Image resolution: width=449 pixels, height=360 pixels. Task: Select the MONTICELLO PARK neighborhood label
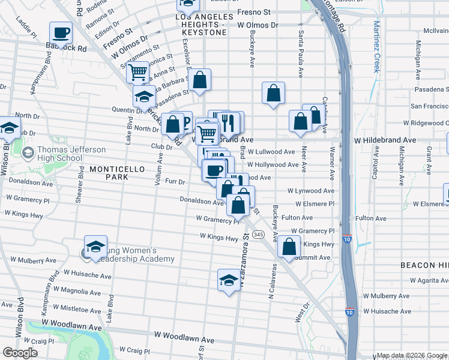118,170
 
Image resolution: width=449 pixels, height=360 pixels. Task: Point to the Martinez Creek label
376,46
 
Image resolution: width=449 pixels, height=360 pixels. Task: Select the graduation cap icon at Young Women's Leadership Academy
95,247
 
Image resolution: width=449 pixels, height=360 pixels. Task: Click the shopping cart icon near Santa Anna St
138,73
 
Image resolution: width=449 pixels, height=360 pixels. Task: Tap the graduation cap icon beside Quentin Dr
144,97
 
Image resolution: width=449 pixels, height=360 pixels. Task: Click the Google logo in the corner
20,353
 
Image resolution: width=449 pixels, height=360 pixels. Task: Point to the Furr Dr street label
174,181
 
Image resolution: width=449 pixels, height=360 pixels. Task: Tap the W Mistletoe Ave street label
76,310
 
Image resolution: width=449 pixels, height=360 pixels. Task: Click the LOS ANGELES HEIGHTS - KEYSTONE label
202,26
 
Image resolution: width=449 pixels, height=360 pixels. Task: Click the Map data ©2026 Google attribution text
411,355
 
